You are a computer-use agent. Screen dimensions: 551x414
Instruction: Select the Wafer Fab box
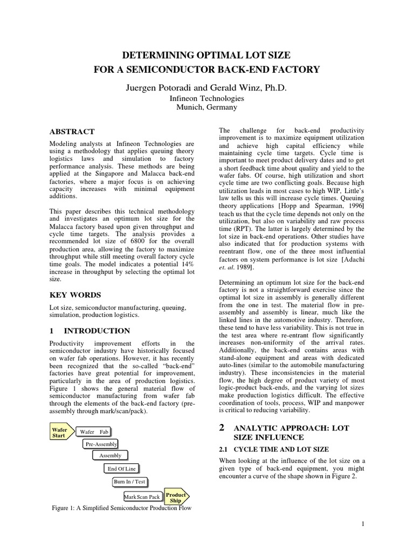click(94, 432)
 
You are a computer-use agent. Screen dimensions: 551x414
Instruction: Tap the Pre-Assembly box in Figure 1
click(101, 444)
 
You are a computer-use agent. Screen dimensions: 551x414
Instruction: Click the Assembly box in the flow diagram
click(110, 456)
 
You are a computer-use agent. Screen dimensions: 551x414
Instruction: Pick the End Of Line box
click(122, 469)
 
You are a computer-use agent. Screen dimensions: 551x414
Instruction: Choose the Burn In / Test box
click(129, 482)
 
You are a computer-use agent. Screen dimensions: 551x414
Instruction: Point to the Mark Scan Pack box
click(142, 497)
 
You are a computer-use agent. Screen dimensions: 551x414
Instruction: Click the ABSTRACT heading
click(72, 131)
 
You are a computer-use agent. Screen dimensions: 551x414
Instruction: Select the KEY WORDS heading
click(75, 295)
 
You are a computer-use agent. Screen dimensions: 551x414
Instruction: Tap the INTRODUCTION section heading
click(97, 331)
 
